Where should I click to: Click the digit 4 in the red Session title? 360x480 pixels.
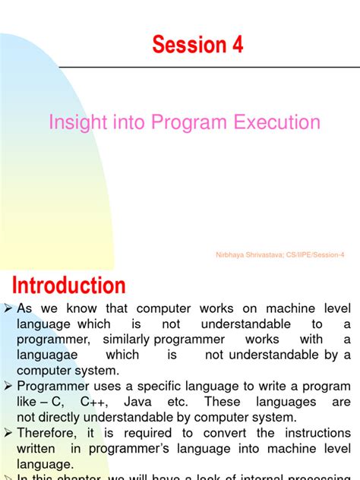click(x=237, y=45)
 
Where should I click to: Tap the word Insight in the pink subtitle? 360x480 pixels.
click(x=75, y=122)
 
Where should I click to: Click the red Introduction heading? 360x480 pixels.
click(x=69, y=286)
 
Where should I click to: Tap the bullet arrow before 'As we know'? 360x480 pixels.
click(x=8, y=309)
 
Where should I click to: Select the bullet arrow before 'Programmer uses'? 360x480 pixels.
click(x=8, y=387)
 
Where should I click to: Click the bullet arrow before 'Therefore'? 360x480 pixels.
click(x=8, y=433)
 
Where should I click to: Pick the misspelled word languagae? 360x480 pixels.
click(x=46, y=355)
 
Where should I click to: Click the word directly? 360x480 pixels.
click(x=67, y=417)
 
